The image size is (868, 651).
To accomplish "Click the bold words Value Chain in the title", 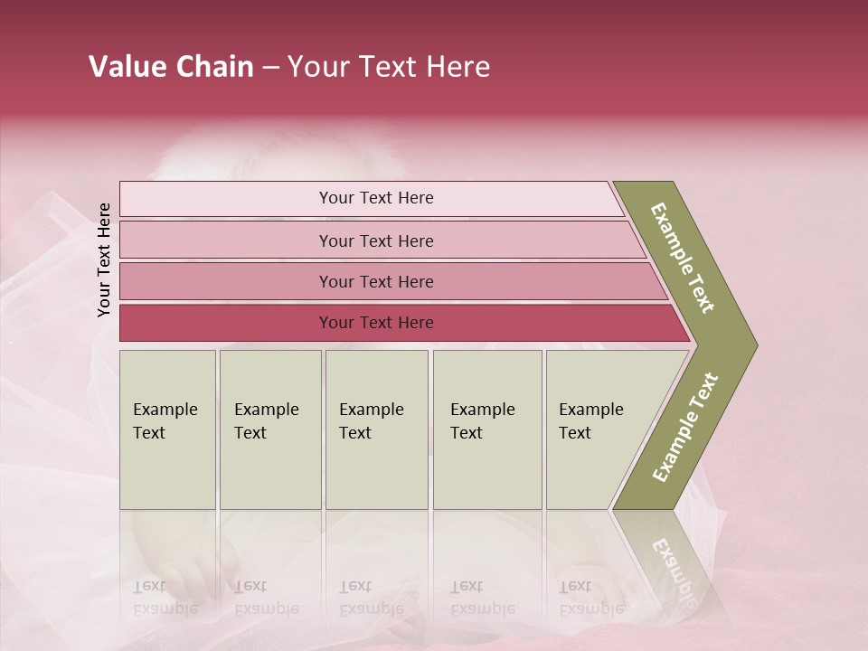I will (x=171, y=67).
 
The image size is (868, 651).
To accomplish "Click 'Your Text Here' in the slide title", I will (x=389, y=67).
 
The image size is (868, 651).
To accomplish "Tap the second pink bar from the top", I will (x=375, y=241).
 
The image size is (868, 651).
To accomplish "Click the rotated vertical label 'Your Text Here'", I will (x=104, y=259).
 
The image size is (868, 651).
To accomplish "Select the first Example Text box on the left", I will (x=167, y=429).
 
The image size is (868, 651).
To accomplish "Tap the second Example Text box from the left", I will (x=269, y=429).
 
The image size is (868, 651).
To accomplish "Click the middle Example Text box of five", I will (x=376, y=429).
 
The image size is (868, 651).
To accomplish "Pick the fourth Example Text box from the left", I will (x=486, y=429).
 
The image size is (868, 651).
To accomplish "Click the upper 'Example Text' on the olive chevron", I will (x=683, y=258).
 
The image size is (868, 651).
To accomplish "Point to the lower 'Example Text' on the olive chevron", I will (x=685, y=427).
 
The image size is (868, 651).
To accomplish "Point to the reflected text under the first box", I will (x=165, y=597).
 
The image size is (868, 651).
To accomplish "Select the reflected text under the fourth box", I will (x=482, y=597).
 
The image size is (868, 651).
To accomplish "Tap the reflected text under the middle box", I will (x=371, y=597).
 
